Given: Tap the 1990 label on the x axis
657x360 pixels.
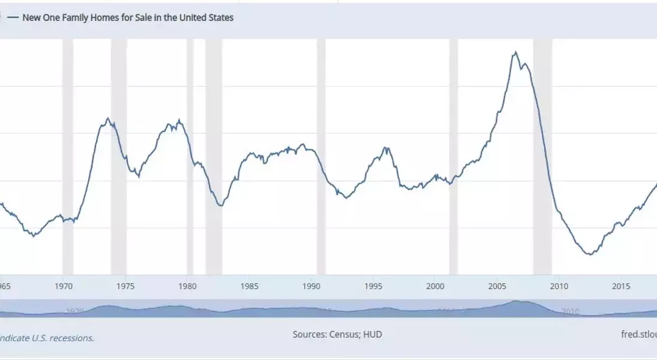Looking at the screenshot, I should (311, 286).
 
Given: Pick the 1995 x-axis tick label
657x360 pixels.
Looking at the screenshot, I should (373, 286).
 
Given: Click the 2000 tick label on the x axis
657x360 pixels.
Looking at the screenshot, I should (435, 286).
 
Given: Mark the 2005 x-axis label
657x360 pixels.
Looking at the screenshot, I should (497, 286).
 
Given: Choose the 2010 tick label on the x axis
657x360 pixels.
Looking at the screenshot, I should (559, 286).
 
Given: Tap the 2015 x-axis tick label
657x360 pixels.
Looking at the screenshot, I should (621, 286).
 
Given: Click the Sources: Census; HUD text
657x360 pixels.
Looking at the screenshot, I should (337, 334).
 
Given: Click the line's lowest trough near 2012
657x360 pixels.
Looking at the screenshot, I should (590, 254).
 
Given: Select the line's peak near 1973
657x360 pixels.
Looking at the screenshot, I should (107, 118).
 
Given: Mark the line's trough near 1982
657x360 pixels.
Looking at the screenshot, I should (221, 206).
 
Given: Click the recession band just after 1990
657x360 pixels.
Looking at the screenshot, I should (321, 156).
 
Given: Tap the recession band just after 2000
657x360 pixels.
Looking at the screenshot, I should (453, 156).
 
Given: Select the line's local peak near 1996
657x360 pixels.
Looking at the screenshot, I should (386, 148).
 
